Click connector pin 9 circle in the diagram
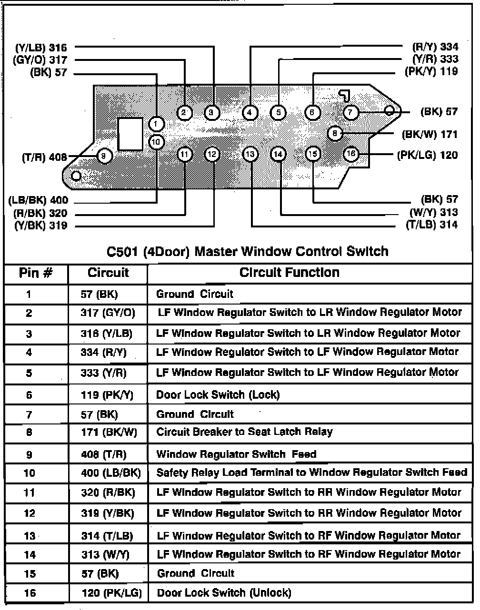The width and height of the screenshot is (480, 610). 104,156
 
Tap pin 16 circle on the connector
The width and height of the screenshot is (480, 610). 350,154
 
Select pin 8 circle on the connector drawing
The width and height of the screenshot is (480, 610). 335,134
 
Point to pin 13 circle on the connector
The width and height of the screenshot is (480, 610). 250,154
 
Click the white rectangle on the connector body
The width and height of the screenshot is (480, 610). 130,134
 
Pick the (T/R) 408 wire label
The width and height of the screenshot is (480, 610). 44,157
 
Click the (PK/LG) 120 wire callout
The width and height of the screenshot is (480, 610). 427,155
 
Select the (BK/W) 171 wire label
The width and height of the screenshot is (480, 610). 430,134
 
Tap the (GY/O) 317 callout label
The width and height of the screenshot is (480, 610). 40,60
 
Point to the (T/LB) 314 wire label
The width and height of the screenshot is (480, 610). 431,225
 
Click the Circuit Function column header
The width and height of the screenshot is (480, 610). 289,273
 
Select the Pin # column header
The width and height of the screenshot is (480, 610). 36,273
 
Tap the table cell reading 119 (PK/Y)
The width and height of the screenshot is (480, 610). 107,394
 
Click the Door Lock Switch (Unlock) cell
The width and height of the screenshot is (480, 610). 223,593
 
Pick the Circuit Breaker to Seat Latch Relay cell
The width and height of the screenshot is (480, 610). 244,432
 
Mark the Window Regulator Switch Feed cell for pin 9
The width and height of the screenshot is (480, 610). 236,454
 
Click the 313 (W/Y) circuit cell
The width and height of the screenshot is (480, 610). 105,554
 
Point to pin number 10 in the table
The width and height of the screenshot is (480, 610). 29,473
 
